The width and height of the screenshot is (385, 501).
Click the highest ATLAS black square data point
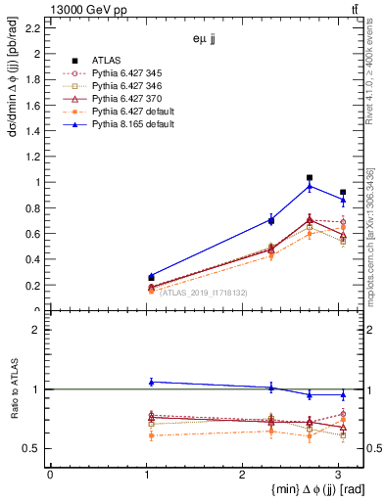(x=310, y=178)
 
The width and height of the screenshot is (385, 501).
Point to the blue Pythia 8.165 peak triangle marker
(x=310, y=186)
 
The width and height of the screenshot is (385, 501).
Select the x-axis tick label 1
(x=145, y=475)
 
